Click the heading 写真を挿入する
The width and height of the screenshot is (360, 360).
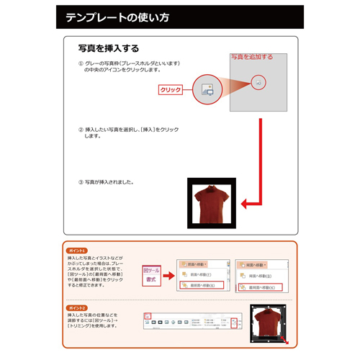pos(108,49)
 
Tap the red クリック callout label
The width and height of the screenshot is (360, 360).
pos(171,90)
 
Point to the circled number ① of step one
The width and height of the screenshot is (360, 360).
pos(81,63)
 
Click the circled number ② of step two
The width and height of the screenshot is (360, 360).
pos(81,130)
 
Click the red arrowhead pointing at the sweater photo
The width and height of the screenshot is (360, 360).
pos(245,204)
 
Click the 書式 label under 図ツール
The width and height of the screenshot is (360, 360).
pos(150,278)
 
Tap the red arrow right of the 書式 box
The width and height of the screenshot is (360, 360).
pos(167,274)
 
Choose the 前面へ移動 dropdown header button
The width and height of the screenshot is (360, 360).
pos(195,264)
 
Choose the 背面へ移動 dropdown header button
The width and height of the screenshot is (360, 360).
pos(258,264)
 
